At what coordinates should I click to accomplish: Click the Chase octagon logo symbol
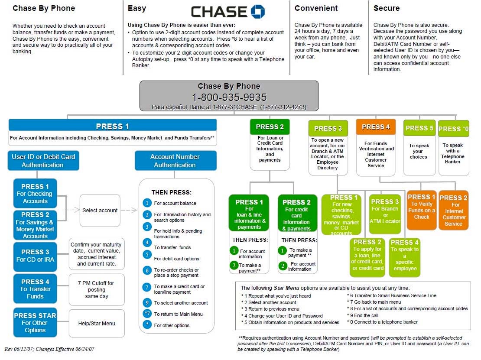pyautogui.click(x=258, y=12)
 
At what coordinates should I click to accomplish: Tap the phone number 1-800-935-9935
pyautogui.click(x=229, y=97)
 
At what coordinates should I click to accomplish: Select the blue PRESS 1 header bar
pyautogui.click(x=113, y=126)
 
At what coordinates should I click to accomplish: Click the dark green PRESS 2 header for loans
pyautogui.click(x=270, y=126)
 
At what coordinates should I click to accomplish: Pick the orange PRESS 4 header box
pyautogui.click(x=376, y=126)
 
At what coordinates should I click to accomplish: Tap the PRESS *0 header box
pyautogui.click(x=454, y=129)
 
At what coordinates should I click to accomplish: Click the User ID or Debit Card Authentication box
pyautogui.click(x=43, y=160)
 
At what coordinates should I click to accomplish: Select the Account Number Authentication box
pyautogui.click(x=175, y=160)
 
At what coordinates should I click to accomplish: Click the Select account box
pyautogui.click(x=100, y=211)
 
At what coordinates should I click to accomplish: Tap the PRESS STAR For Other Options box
pyautogui.click(x=35, y=323)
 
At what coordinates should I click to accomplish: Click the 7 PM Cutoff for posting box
pyautogui.click(x=97, y=289)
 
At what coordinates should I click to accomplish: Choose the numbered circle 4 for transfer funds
pyautogui.click(x=147, y=243)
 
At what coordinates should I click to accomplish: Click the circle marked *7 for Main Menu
pyautogui.click(x=147, y=313)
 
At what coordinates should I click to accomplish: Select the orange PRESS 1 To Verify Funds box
pyautogui.click(x=422, y=210)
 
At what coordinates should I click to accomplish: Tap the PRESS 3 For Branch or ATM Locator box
pyautogui.click(x=385, y=214)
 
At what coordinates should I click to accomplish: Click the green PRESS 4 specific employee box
pyautogui.click(x=405, y=258)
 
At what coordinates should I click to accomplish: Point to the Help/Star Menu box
pyautogui.click(x=97, y=323)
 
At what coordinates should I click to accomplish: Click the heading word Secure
pyautogui.click(x=387, y=8)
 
